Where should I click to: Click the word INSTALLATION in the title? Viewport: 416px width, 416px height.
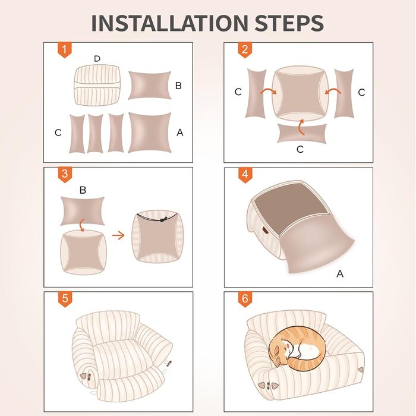pyautogui.click(x=169, y=23)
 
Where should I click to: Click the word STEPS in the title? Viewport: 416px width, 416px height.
pyautogui.click(x=289, y=23)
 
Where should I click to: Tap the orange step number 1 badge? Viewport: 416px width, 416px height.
pyautogui.click(x=64, y=49)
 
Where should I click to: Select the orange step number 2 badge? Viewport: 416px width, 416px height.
pyautogui.click(x=245, y=49)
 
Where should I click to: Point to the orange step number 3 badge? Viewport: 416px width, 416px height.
pyautogui.click(x=64, y=175)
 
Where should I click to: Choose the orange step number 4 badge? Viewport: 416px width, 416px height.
pyautogui.click(x=245, y=175)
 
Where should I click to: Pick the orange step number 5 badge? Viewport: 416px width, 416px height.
pyautogui.click(x=65, y=299)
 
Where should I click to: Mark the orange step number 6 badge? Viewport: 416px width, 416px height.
pyautogui.click(x=245, y=299)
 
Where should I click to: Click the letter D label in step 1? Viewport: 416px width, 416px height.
pyautogui.click(x=97, y=59)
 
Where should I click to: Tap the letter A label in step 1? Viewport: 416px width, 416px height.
pyautogui.click(x=180, y=132)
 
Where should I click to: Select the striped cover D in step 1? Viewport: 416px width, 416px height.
pyautogui.click(x=97, y=85)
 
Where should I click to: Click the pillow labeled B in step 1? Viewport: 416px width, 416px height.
pyautogui.click(x=150, y=85)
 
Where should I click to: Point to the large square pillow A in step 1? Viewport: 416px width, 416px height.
pyautogui.click(x=150, y=133)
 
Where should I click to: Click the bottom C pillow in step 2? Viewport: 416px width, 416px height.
pyautogui.click(x=302, y=134)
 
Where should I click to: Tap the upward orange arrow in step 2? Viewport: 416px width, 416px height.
pyautogui.click(x=301, y=127)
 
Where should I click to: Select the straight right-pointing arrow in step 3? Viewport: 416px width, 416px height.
pyautogui.click(x=118, y=235)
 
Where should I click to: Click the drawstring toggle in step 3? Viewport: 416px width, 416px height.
pyautogui.click(x=163, y=219)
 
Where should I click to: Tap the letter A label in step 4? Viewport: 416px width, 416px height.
pyautogui.click(x=340, y=273)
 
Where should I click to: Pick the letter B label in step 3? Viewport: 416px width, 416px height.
pyautogui.click(x=83, y=190)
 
